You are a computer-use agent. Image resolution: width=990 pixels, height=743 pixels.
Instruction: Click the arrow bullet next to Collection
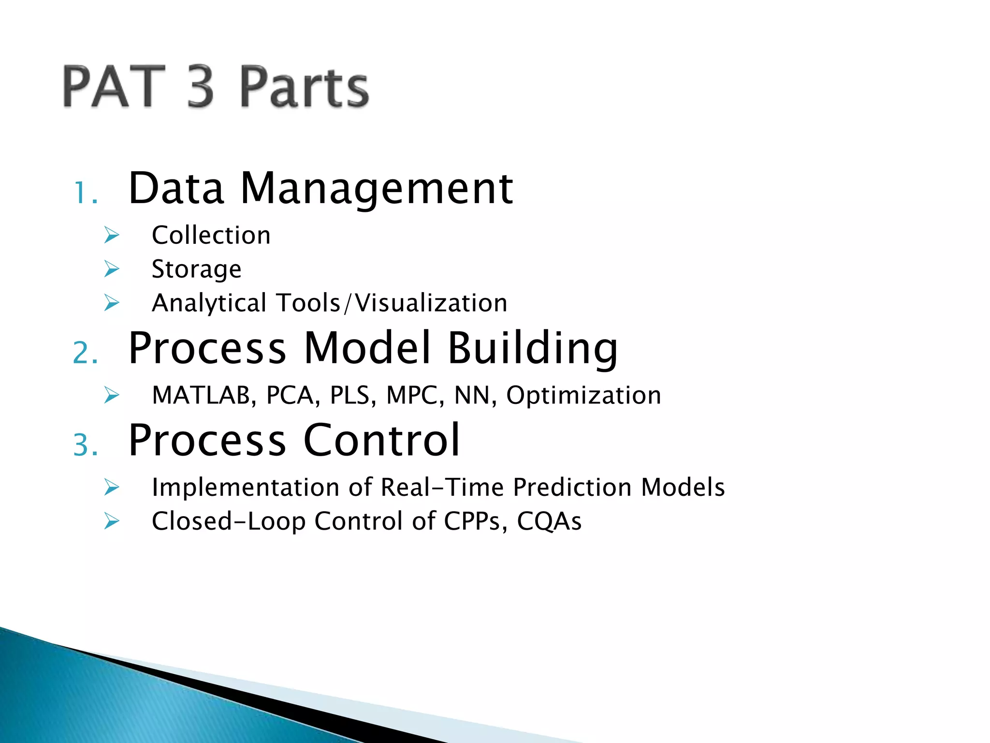pos(112,236)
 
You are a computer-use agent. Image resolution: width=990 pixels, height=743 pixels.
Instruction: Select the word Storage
pos(196,269)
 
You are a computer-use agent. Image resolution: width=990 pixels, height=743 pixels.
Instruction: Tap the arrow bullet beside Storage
pos(112,269)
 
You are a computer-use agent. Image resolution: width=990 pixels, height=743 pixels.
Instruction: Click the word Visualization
pos(431,303)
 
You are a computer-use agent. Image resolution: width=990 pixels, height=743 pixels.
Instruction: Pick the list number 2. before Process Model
pos(86,353)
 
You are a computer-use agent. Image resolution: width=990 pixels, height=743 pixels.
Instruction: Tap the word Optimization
pos(583,395)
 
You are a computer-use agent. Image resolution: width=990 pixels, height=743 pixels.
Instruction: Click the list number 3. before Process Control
pos(86,445)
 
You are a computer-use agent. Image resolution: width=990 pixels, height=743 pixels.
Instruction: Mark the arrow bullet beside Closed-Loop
pos(112,521)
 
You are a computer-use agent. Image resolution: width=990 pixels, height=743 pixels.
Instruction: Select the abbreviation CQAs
pos(549,521)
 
